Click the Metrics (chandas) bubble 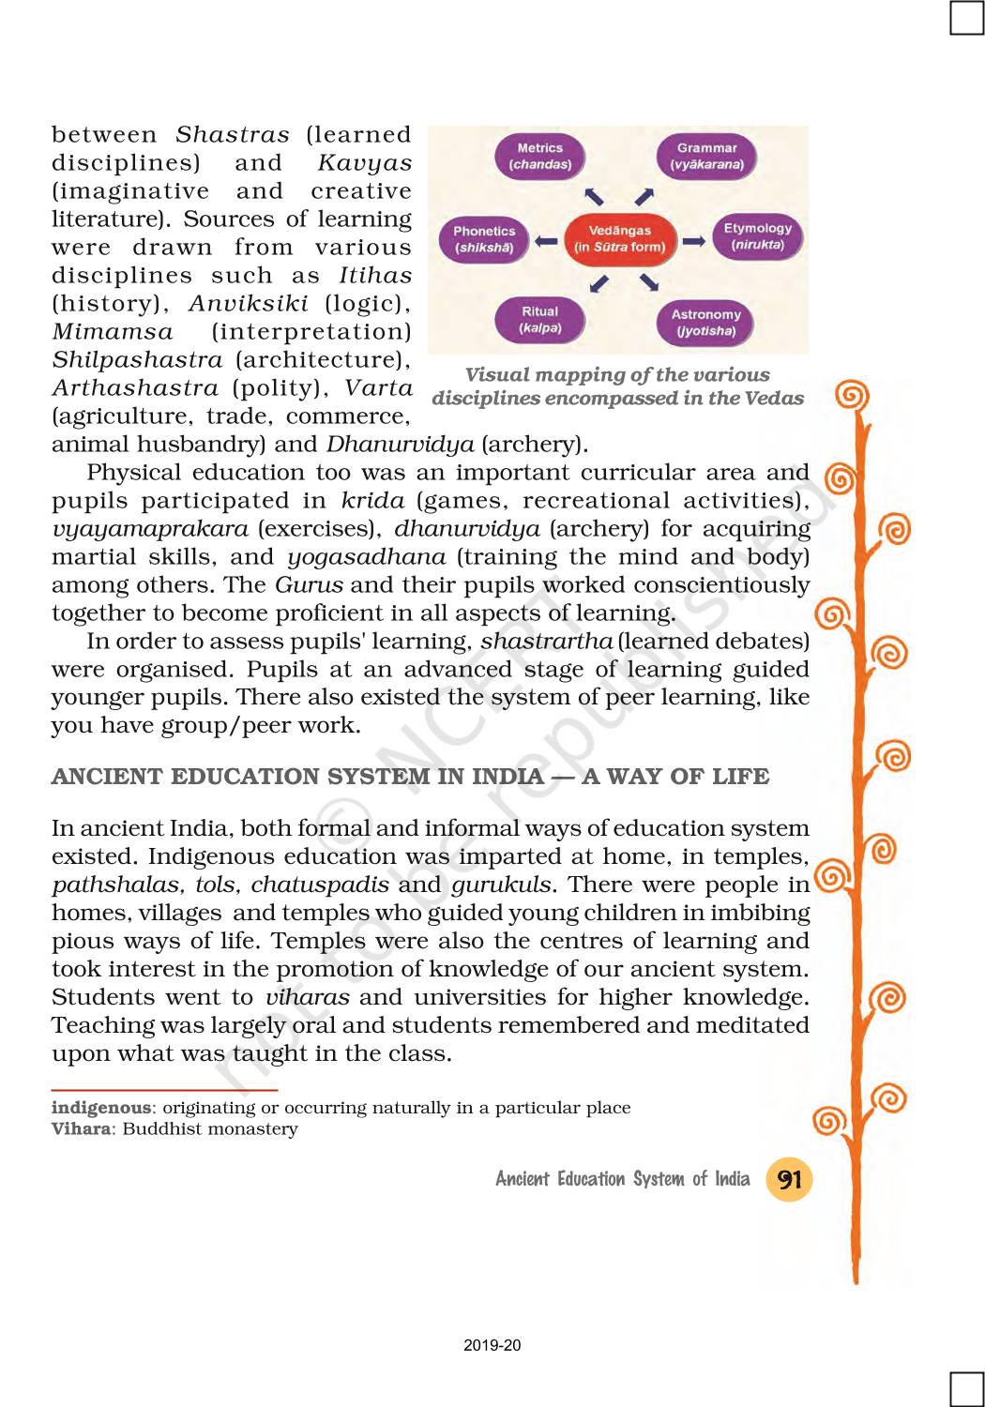coord(539,156)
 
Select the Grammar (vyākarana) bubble coord(706,156)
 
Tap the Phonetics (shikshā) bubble coord(484,239)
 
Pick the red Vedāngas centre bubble coord(619,238)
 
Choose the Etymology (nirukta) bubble coord(758,236)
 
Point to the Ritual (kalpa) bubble coord(539,320)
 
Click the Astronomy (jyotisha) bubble coord(705,323)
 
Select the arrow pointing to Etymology coord(694,241)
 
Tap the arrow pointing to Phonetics coord(546,241)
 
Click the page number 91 coord(789,1179)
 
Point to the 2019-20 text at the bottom coord(492,1345)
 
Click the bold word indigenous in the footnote coord(100,1108)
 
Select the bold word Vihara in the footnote coord(81,1129)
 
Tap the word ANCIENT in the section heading coord(107,777)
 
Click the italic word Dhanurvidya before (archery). coord(401,444)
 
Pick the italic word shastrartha coord(547,641)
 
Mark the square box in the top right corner coord(966,17)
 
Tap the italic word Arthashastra coord(135,387)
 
